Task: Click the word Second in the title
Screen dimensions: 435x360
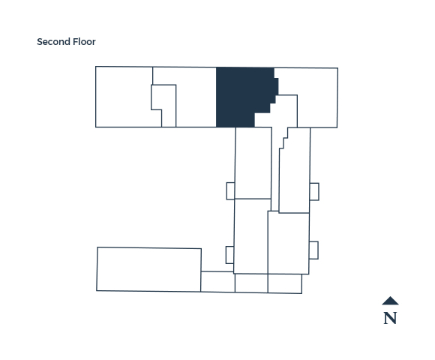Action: pos(53,42)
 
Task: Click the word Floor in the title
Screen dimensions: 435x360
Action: pos(84,42)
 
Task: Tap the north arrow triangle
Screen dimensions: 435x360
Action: pos(390,301)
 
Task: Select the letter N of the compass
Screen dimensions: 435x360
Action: pos(390,318)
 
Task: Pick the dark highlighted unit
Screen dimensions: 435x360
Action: pos(243,96)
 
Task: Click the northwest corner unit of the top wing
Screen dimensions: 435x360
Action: pos(124,97)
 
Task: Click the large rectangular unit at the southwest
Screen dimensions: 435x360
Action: pos(149,269)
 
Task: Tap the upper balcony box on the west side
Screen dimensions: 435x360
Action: pos(230,191)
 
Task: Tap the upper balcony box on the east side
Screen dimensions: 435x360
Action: pos(314,192)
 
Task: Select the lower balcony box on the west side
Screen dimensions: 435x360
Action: pos(229,255)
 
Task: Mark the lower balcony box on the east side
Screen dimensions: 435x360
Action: pos(313,250)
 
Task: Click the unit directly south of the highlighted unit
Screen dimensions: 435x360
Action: pos(253,163)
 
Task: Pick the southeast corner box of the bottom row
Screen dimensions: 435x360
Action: pos(285,283)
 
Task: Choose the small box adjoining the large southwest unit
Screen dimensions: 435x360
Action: pos(217,281)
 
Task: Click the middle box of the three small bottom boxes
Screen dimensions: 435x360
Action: pos(251,283)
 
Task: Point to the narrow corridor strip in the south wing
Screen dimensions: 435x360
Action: pos(275,169)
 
